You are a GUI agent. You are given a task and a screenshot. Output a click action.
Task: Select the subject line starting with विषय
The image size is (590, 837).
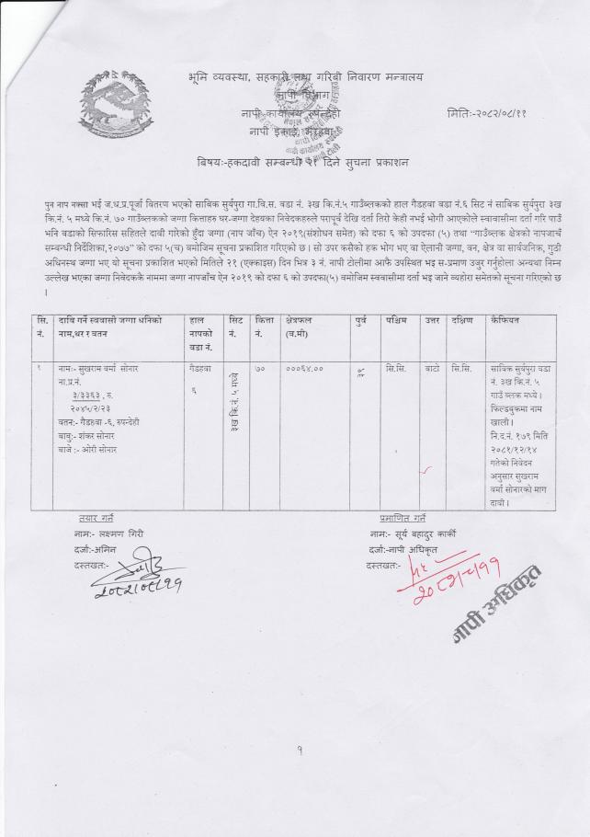click(x=302, y=162)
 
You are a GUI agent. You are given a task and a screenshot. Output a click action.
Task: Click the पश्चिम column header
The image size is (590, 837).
click(x=398, y=321)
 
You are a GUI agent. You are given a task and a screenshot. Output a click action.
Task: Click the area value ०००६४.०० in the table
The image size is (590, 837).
click(x=304, y=369)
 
